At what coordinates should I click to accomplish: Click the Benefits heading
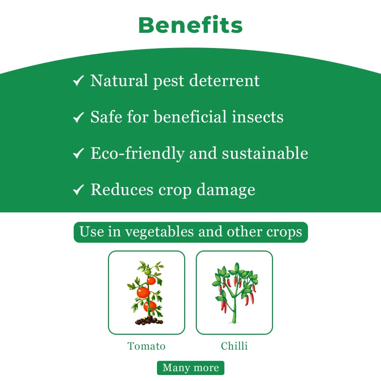[190, 25]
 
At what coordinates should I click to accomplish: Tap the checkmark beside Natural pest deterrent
[78, 81]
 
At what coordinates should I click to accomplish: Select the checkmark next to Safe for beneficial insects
[78, 117]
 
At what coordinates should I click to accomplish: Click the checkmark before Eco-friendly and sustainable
[78, 154]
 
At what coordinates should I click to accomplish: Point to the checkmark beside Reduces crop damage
[78, 190]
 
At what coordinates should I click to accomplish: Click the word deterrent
[224, 81]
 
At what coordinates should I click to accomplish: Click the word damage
[226, 190]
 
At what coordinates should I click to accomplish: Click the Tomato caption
[146, 346]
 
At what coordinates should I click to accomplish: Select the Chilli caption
[234, 346]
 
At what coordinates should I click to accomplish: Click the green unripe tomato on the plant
[147, 272]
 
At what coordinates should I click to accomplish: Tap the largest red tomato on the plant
[144, 292]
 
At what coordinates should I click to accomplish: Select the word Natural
[119, 81]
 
